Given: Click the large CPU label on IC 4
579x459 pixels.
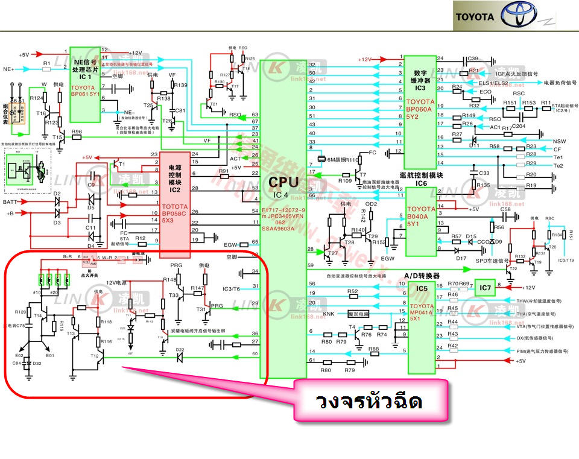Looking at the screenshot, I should pos(283,182).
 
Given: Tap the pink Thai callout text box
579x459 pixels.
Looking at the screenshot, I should pos(370,402).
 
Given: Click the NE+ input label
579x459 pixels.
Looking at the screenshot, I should pos(8,69).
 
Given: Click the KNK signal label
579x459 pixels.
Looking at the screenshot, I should pos(329,314).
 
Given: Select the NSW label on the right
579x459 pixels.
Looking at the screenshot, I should pos(559,141).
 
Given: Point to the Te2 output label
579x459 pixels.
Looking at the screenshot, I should pos(558,165).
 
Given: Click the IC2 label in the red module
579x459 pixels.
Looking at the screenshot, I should pos(175,190).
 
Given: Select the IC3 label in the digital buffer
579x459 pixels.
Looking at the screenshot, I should pos(420,88).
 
